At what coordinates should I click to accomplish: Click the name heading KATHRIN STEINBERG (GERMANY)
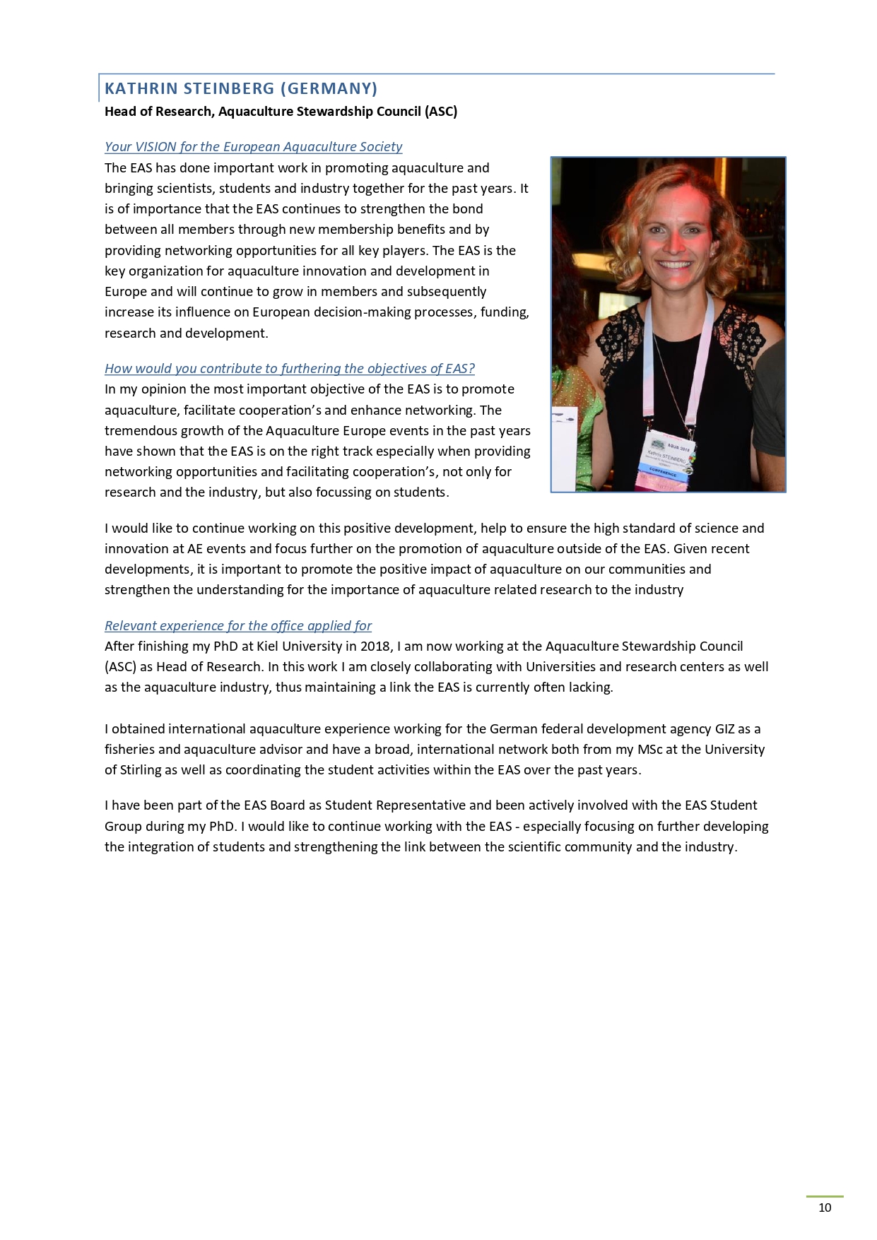tap(241, 88)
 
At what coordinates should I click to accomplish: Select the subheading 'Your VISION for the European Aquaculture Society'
tap(253, 146)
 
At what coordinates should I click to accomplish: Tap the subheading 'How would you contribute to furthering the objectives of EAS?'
tap(289, 368)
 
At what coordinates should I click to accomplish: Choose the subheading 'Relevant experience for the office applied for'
tap(237, 625)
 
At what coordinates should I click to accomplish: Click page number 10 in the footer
tap(825, 1207)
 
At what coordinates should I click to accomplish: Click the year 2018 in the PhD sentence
tap(375, 646)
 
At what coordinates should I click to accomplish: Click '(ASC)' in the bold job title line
tap(441, 111)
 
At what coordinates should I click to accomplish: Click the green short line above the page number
tap(825, 1196)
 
